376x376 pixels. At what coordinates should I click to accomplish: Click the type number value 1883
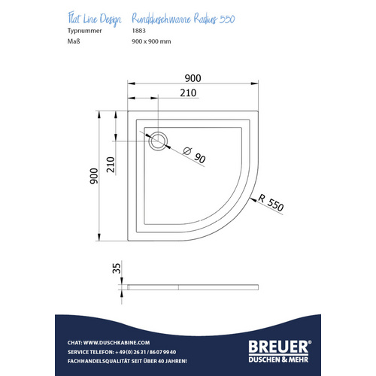(x=138, y=32)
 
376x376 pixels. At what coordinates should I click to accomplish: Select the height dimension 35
(x=115, y=268)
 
